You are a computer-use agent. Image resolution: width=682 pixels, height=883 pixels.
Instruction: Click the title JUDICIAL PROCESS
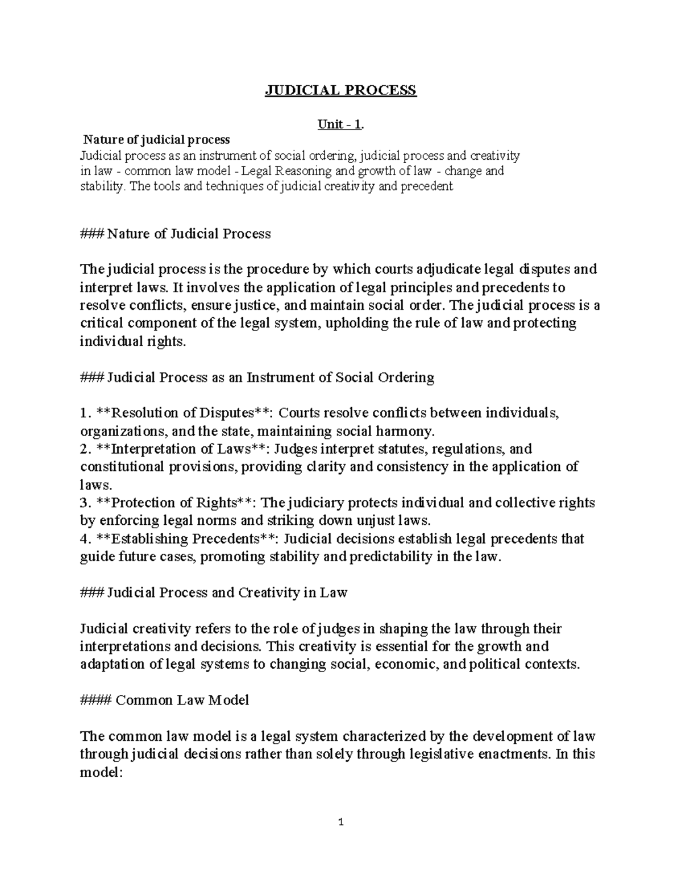pyautogui.click(x=341, y=90)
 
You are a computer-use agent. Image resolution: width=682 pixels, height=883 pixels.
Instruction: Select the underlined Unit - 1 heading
pyautogui.click(x=340, y=125)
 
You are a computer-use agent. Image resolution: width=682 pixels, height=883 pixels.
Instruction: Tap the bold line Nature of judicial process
pyautogui.click(x=157, y=140)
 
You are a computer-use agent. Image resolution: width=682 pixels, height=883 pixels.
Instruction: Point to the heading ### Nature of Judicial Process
pyautogui.click(x=176, y=234)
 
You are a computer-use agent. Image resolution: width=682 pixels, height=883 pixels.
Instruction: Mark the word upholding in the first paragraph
pyautogui.click(x=356, y=324)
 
